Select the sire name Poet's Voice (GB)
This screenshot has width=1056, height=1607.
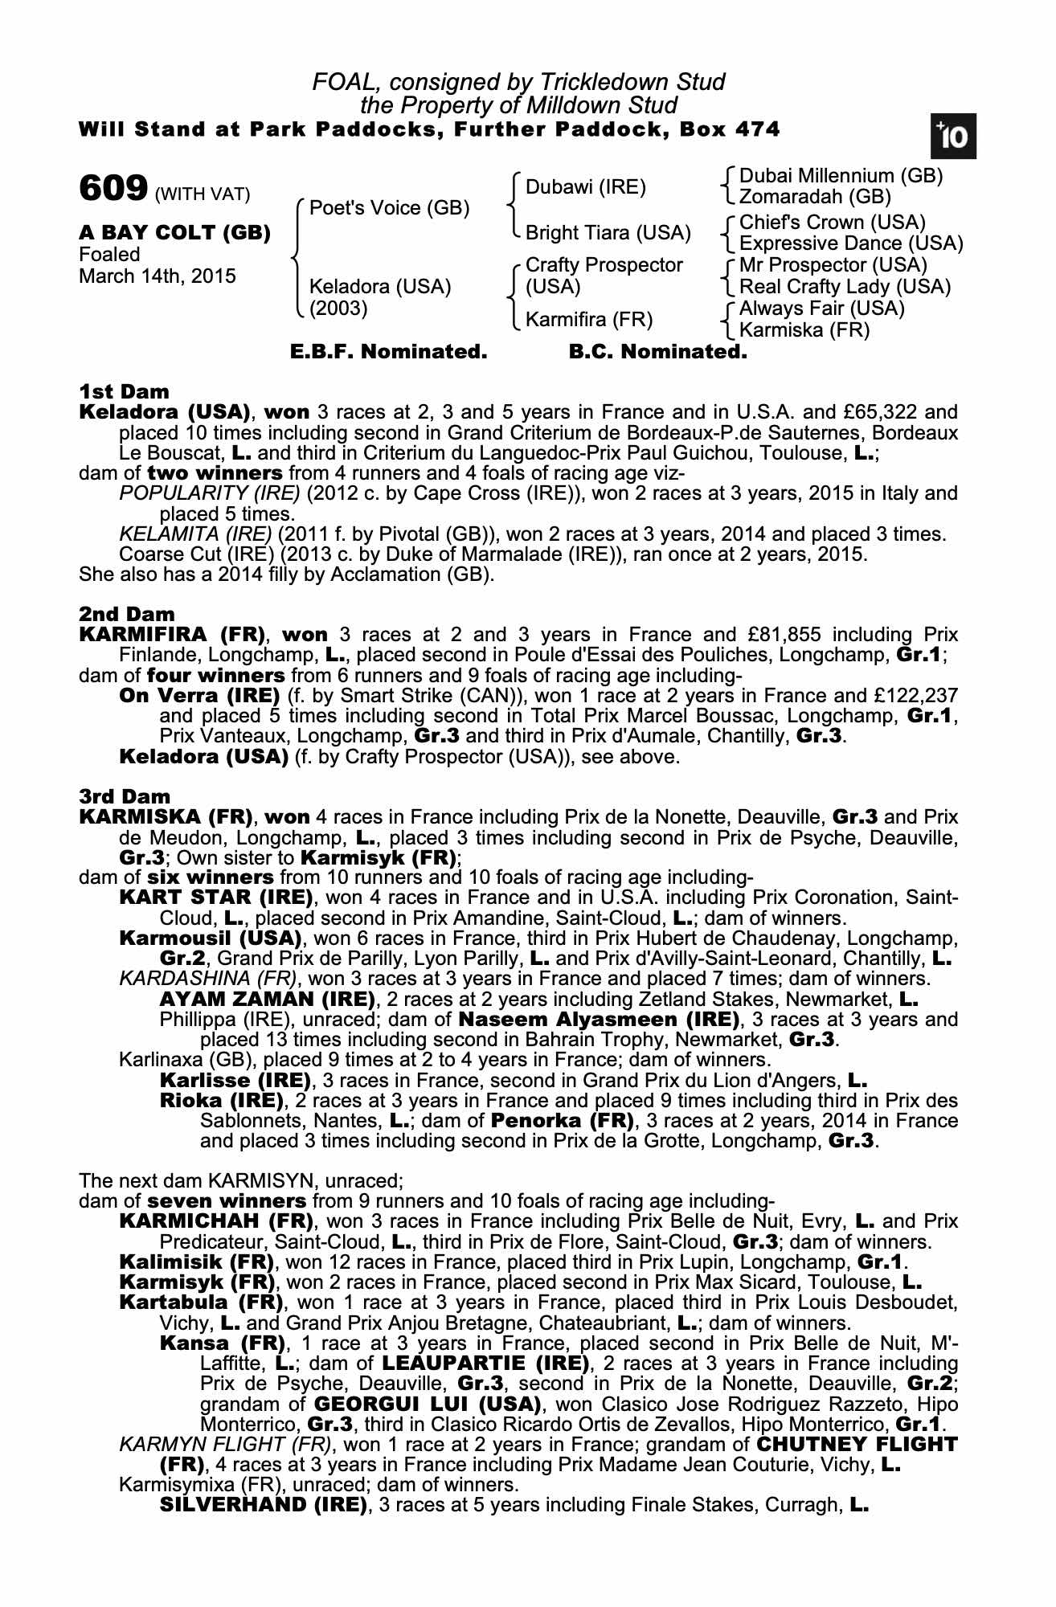coord(389,208)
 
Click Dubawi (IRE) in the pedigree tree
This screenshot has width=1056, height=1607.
coord(586,187)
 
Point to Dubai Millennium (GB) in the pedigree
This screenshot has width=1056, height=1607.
coord(841,176)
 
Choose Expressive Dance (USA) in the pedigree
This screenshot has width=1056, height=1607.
coord(850,243)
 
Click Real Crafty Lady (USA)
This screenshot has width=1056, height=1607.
coord(845,287)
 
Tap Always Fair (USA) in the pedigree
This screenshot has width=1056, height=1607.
coord(821,309)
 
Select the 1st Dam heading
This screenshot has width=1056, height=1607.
coord(125,392)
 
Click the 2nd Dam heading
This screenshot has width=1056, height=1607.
coord(126,615)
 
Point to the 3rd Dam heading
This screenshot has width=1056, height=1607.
coord(125,797)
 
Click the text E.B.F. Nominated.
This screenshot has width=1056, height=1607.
coord(388,352)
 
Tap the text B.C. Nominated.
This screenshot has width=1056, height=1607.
coord(657,352)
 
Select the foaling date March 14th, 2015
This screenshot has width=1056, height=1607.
coord(158,276)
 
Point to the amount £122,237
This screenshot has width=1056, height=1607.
coord(914,696)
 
